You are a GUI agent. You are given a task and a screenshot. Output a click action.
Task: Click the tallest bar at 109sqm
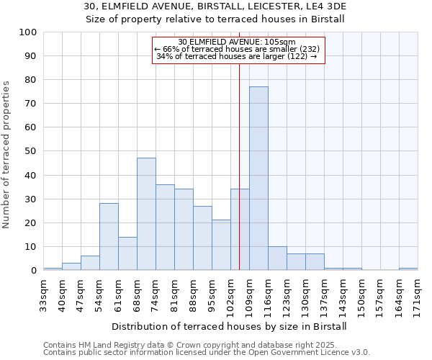(258, 179)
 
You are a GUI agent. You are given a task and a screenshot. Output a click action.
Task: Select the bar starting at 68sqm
(146, 214)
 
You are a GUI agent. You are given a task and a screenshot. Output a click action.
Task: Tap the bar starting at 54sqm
(109, 237)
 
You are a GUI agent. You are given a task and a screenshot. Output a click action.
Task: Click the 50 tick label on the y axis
(31, 151)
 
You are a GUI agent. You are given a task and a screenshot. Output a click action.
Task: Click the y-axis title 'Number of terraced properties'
(6, 155)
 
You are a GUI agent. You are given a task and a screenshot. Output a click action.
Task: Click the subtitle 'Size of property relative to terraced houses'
(215, 19)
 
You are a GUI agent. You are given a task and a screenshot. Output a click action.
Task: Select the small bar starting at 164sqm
(408, 269)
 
